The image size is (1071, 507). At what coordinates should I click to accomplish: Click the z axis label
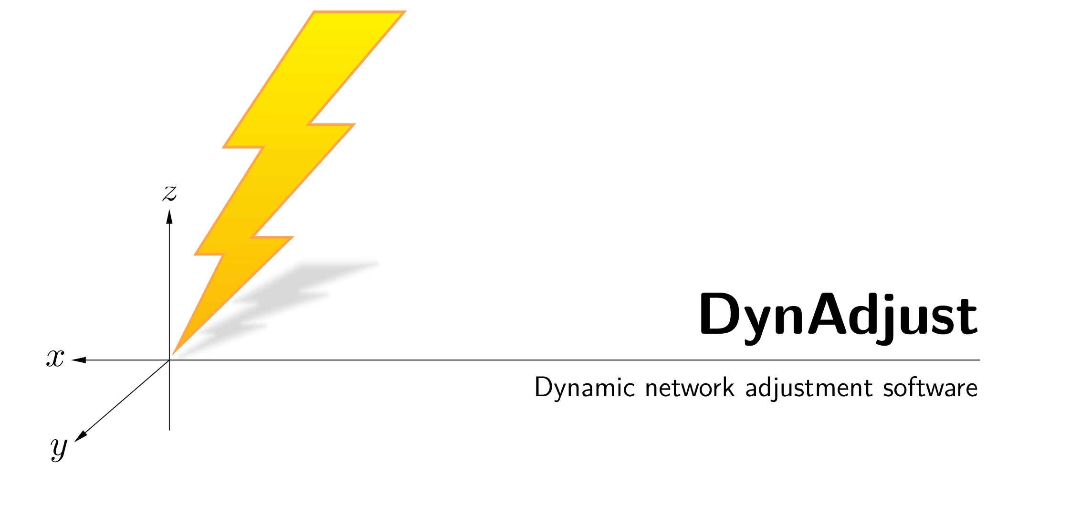pyautogui.click(x=170, y=193)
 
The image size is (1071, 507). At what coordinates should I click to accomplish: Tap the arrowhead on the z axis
pyautogui.click(x=169, y=217)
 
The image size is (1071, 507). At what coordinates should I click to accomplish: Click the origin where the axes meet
pyautogui.click(x=169, y=360)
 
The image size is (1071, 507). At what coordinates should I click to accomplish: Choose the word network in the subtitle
pyautogui.click(x=690, y=388)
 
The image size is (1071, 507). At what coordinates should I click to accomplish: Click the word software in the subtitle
pyautogui.click(x=930, y=388)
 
